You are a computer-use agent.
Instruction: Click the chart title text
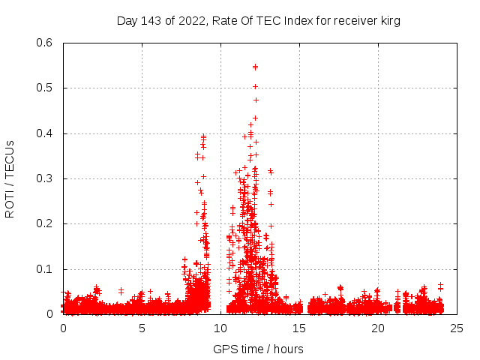[x=259, y=21]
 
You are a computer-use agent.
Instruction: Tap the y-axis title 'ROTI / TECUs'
[x=10, y=178]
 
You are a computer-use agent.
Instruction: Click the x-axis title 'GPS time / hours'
[x=259, y=349]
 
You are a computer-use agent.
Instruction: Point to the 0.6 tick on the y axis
[x=44, y=43]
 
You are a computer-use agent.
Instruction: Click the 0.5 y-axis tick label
[x=44, y=88]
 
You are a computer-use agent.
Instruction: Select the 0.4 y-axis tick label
[x=44, y=133]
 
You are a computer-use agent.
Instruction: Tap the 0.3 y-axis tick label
[x=44, y=178]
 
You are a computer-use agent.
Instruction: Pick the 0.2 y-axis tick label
[x=44, y=224]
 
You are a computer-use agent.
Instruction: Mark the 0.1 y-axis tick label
[x=44, y=269]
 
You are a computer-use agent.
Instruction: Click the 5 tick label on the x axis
[x=142, y=328]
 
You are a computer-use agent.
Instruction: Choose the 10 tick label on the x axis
[x=220, y=328]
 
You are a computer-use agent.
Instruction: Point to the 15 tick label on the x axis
[x=299, y=328]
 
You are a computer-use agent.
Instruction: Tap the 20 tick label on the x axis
[x=378, y=328]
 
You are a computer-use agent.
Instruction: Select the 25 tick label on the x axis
[x=457, y=328]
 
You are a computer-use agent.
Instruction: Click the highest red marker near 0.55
[x=255, y=67]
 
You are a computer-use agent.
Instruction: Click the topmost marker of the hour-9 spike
[x=203, y=136]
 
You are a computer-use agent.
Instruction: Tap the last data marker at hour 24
[x=441, y=285]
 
